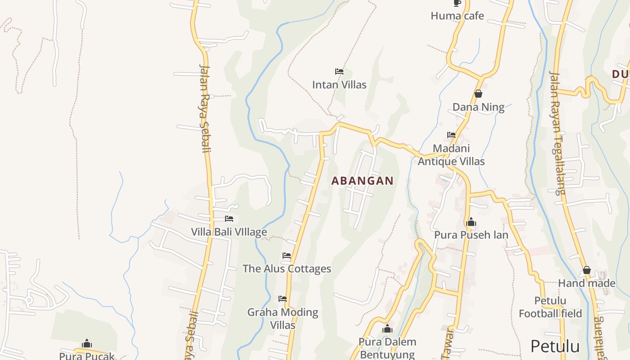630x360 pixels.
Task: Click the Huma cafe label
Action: [457, 16]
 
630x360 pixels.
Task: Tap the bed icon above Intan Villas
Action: [339, 72]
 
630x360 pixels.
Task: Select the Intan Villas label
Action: [339, 85]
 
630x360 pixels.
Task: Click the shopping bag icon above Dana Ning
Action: [478, 94]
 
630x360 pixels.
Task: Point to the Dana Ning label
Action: [478, 107]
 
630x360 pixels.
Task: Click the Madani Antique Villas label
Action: [451, 155]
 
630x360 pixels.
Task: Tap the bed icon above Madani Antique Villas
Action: [451, 135]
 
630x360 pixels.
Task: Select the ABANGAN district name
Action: [362, 181]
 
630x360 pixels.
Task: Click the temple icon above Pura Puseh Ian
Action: [471, 222]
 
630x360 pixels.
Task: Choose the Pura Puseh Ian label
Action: [471, 235]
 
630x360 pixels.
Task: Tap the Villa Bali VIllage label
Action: [229, 232]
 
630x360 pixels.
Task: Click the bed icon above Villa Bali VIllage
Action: [229, 219]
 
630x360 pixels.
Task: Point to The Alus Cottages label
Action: [287, 269]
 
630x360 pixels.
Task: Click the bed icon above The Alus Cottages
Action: [287, 256]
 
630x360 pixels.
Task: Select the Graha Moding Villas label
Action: [283, 319]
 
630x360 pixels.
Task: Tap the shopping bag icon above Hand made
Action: [587, 270]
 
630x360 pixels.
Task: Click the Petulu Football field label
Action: [550, 307]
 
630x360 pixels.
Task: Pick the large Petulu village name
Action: [555, 346]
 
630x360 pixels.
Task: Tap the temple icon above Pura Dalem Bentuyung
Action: [387, 329]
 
